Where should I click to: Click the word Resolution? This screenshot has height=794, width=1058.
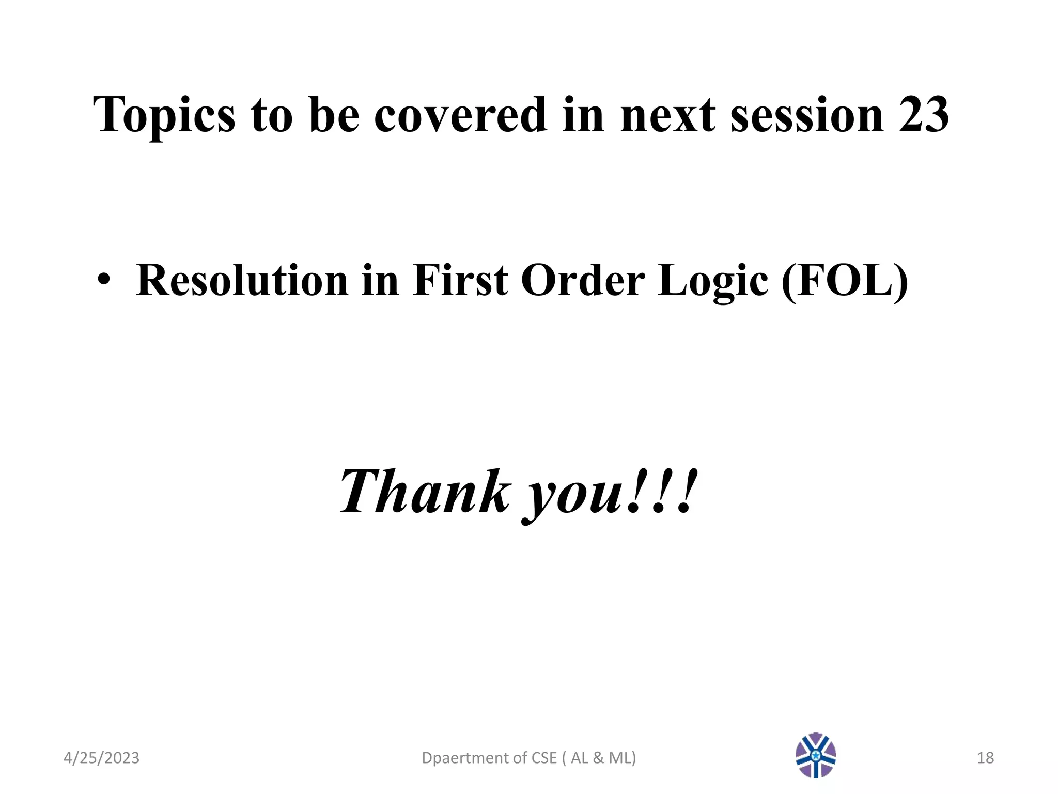coord(242,281)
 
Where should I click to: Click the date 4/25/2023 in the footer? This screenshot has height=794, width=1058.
coord(101,758)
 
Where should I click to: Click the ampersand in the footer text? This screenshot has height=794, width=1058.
coord(598,758)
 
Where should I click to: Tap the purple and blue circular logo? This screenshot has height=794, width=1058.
coord(816,755)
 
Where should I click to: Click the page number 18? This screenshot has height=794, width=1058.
coord(985,758)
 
